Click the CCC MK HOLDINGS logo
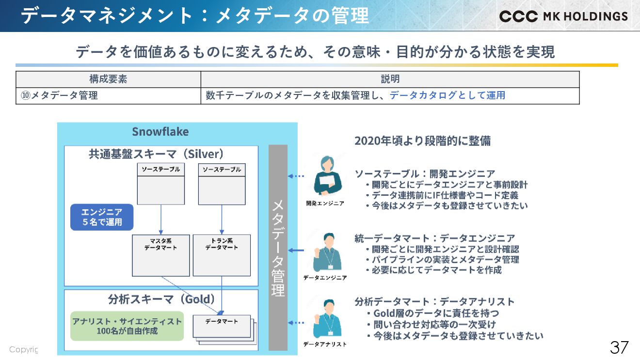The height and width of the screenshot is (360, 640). point(563,16)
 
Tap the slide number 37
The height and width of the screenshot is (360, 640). point(619,347)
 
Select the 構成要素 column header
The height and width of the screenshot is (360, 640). point(108,79)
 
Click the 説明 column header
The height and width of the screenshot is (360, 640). point(390,79)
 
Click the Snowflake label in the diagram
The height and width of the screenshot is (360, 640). point(160,132)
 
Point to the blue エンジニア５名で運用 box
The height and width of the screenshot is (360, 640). point(102,217)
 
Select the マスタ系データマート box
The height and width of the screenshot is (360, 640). point(160,255)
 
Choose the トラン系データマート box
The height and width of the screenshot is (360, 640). point(222,255)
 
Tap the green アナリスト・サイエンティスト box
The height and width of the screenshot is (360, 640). point(127,326)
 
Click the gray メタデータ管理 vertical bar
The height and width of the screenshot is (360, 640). point(278,247)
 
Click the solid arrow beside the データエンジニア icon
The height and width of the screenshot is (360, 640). point(296,250)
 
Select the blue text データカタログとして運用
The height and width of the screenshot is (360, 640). point(448,95)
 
